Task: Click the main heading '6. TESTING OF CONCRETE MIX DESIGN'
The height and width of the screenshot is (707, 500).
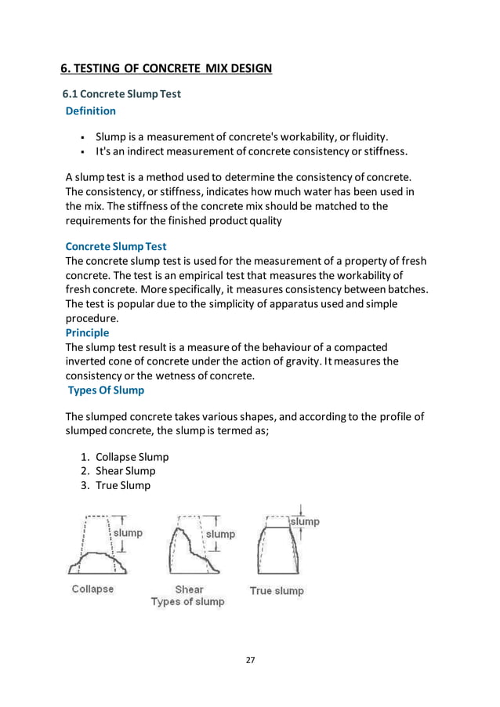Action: pyautogui.click(x=167, y=69)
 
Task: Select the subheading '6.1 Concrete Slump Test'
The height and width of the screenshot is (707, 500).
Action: pyautogui.click(x=121, y=94)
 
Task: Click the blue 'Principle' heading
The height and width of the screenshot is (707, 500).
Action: pyautogui.click(x=87, y=332)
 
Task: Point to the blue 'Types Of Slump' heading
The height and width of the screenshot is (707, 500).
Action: pyautogui.click(x=106, y=390)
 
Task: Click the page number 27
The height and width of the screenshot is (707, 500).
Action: pyautogui.click(x=250, y=660)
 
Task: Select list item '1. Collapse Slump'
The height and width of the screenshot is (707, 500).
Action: pyautogui.click(x=132, y=457)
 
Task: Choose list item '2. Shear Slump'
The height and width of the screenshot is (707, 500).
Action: pyautogui.click(x=125, y=471)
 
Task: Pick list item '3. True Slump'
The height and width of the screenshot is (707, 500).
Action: pyautogui.click(x=123, y=485)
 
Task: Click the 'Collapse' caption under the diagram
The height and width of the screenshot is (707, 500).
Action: pyautogui.click(x=92, y=589)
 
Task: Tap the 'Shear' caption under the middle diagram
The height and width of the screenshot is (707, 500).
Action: pyautogui.click(x=188, y=589)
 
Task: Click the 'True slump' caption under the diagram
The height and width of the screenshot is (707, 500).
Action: pyautogui.click(x=277, y=590)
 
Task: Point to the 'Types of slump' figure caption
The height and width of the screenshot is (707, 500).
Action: pyautogui.click(x=188, y=602)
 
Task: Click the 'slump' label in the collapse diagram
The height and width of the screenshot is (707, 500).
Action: pyautogui.click(x=129, y=533)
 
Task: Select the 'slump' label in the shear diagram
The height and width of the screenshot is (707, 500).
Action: pyautogui.click(x=220, y=534)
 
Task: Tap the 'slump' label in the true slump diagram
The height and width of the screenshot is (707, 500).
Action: pyautogui.click(x=305, y=521)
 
